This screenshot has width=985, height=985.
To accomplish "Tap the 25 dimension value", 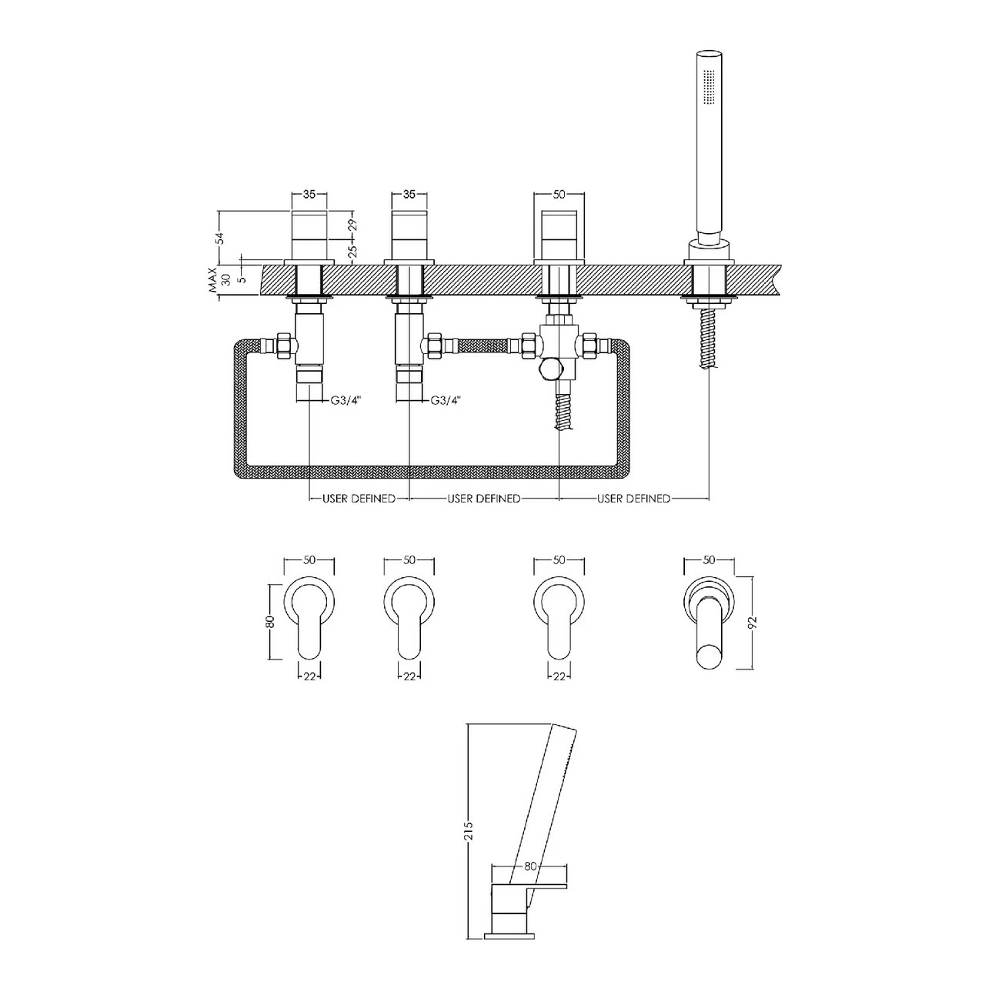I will pos(352,252).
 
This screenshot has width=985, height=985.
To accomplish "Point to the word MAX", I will pos(212,282).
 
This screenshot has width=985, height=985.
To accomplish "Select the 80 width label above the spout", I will pos(529,866).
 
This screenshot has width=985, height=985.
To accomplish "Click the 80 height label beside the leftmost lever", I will pos(269,622).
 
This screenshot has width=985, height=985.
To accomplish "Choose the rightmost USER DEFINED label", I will pos(633,499).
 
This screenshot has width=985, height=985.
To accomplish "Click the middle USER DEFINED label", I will pos(483,499).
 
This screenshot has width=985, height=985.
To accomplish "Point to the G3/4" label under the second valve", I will pos(445,400).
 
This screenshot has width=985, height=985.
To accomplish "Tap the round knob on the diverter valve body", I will pos(549,369).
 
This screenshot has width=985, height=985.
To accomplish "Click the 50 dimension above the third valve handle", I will pos(559,195).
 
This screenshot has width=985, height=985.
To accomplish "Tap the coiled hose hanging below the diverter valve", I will pos(562,412).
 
